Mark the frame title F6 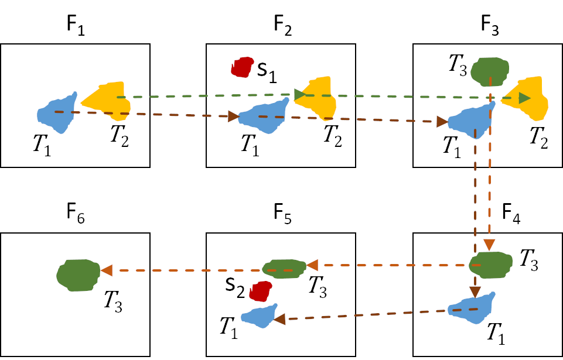pos(76,217)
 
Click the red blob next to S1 pos(240,67)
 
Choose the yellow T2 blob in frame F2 pos(316,97)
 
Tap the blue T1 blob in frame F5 pos(258,316)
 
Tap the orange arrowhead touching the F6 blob pos(106,270)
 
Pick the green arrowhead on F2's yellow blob pos(300,94)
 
